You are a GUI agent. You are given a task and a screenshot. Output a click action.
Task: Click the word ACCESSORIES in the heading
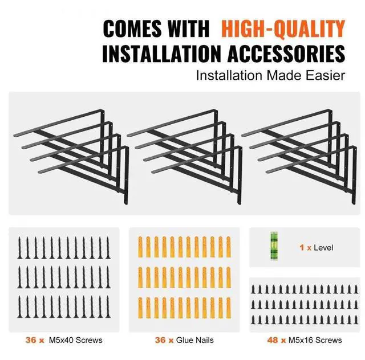coord(289,54)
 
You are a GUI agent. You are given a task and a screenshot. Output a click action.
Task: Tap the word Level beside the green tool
coord(323,248)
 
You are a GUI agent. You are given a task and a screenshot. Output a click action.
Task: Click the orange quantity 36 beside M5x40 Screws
coord(31,340)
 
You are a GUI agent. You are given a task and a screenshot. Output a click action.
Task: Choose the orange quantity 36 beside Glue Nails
coord(160,340)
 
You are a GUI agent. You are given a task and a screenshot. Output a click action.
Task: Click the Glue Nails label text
coord(196,340)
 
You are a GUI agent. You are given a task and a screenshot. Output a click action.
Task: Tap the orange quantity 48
coord(272,340)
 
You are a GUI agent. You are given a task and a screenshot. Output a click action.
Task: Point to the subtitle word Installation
coord(225,75)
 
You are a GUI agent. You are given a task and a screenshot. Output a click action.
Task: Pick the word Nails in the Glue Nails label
coord(204,340)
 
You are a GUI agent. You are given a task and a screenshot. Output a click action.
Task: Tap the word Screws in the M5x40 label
coord(89,340)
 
